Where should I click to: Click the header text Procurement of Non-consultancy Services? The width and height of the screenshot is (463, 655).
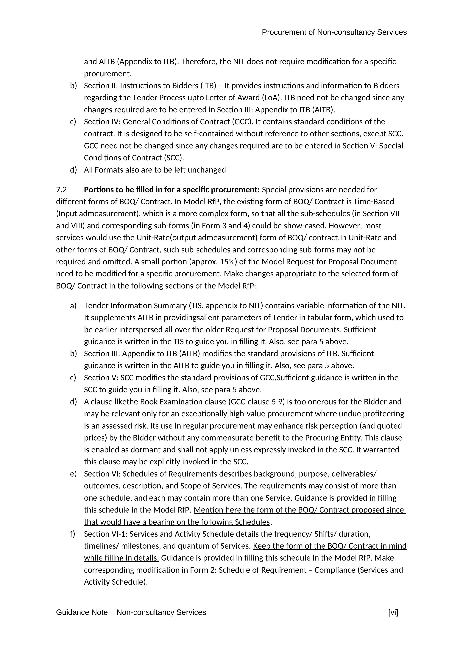coord(334,32)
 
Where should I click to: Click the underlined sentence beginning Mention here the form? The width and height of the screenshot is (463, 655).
coord(299,510)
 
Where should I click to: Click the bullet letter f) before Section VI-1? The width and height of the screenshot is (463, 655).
coord(73,534)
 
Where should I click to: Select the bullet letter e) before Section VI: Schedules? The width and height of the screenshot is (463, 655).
coord(73,474)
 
